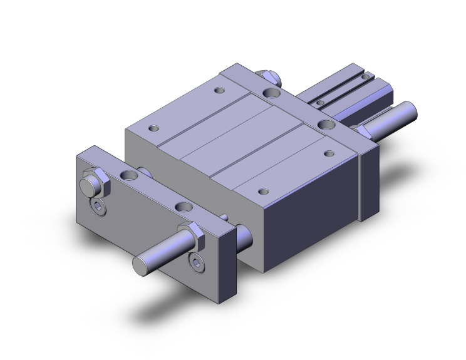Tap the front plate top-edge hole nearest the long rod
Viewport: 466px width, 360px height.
(183, 207)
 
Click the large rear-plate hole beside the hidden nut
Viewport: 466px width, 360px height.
(272, 93)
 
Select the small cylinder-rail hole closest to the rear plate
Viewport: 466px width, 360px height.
(320, 102)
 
